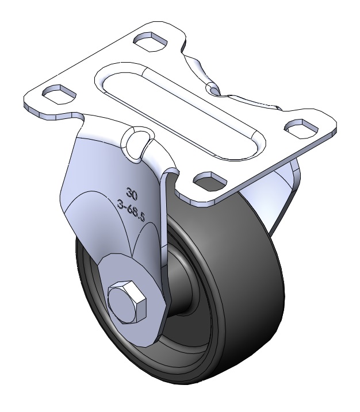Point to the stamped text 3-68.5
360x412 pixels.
pyautogui.click(x=131, y=210)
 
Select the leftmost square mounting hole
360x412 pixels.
pyautogui.click(x=59, y=93)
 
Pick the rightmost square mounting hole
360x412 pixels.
pyautogui.click(x=301, y=128)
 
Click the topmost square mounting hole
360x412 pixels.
pyautogui.click(x=151, y=41)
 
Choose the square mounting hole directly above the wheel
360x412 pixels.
pyautogui.click(x=210, y=181)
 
